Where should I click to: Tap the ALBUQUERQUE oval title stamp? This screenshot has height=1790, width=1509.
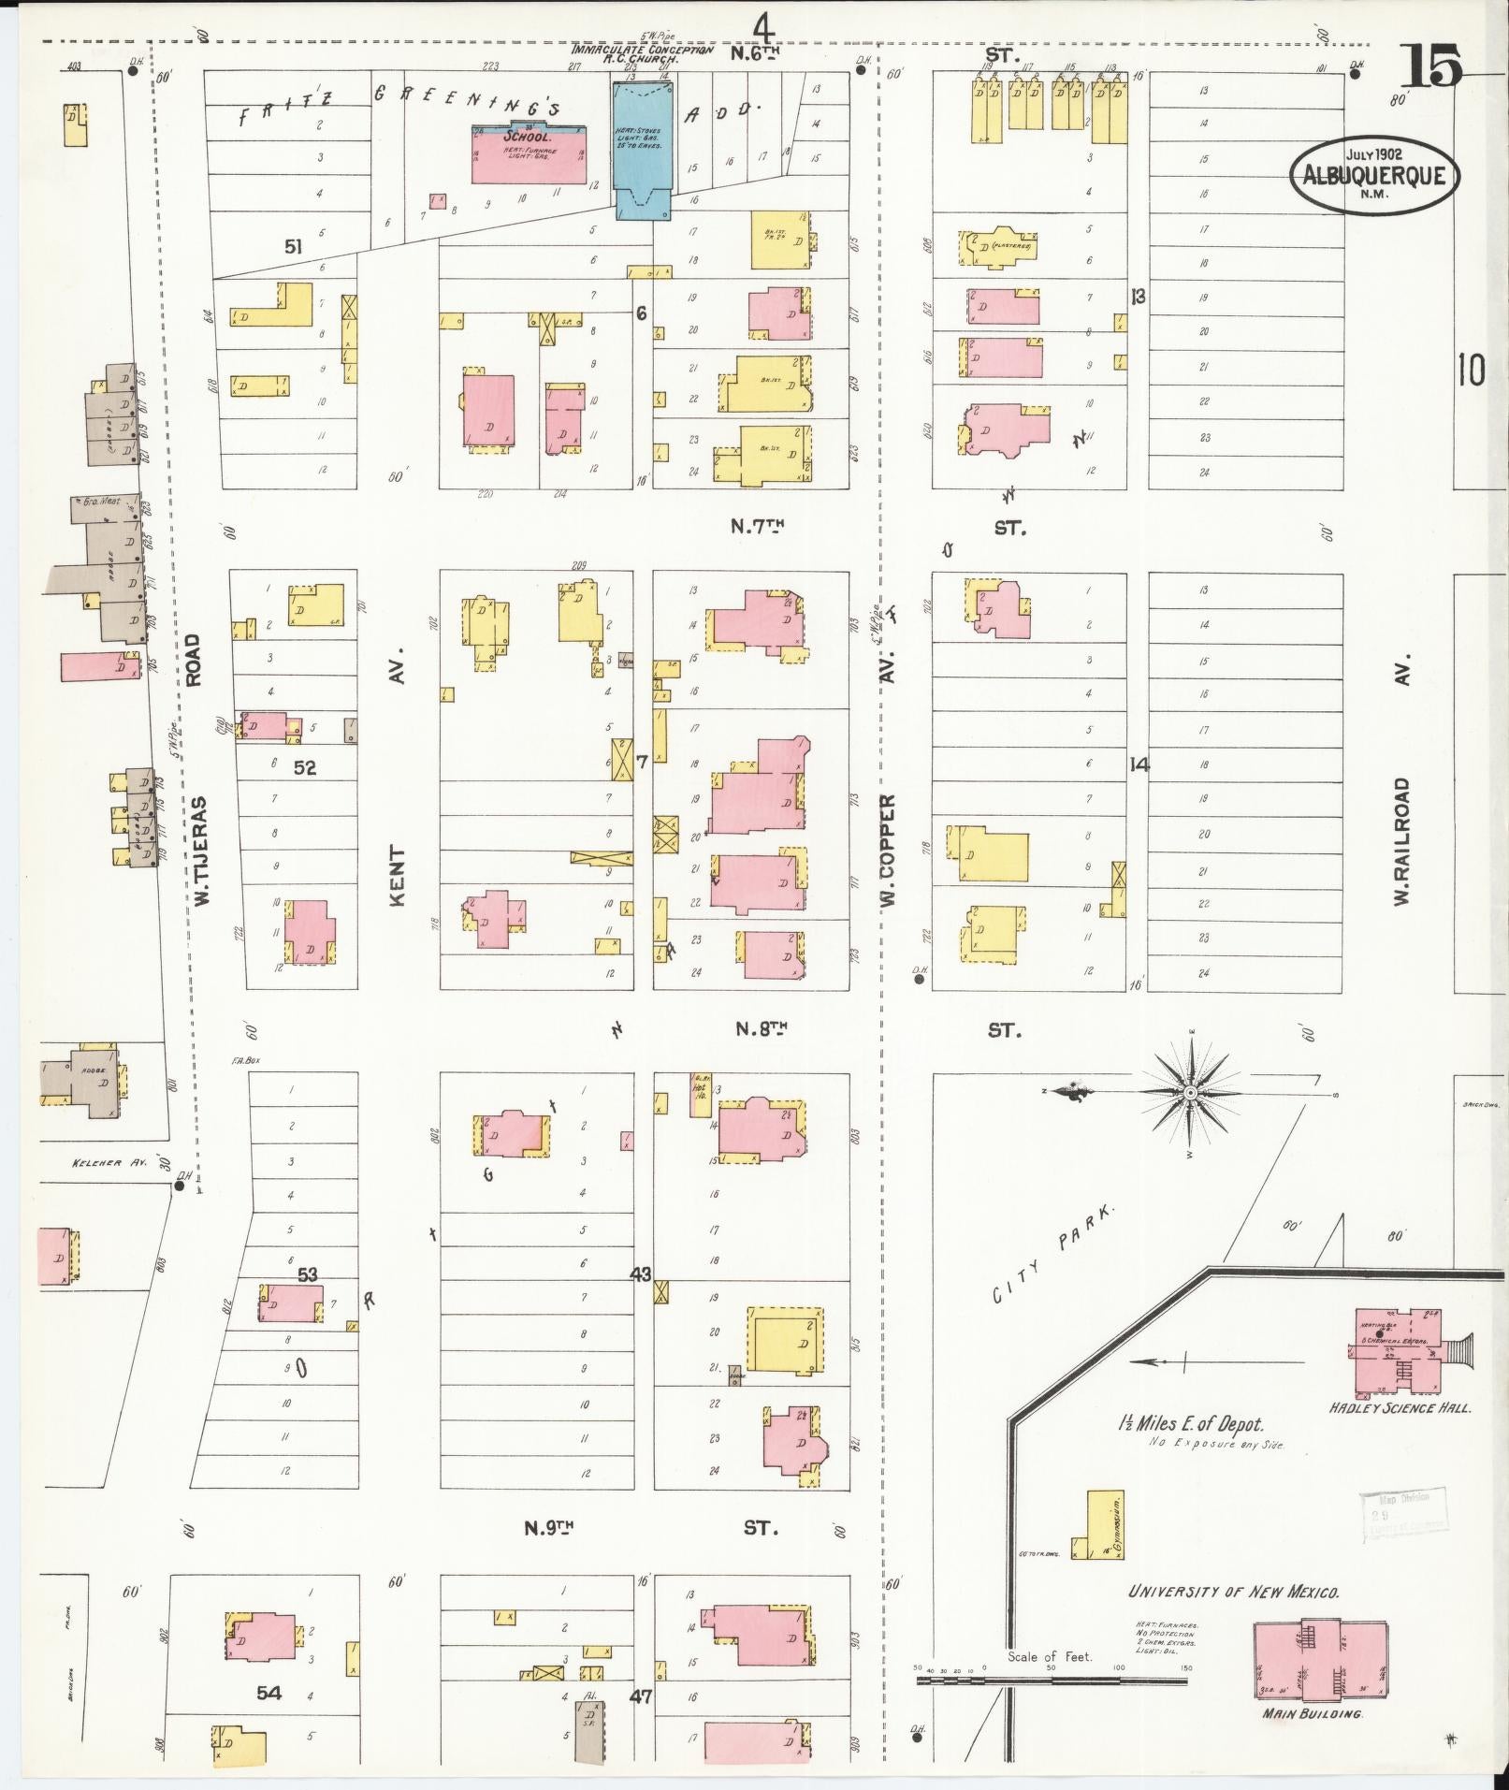coord(1372,176)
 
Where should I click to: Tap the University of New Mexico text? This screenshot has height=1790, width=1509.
coord(1233,1591)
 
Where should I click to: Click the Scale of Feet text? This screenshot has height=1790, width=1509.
coord(1050,1656)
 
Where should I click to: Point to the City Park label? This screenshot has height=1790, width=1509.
coord(1054,1254)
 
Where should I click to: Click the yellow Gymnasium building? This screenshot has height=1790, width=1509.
coord(1104,1525)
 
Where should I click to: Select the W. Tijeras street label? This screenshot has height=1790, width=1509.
coord(199,851)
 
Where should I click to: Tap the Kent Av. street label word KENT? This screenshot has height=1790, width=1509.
coord(398,877)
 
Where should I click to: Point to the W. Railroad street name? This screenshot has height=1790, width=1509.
coord(1400,839)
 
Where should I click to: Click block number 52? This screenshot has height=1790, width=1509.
coord(305,767)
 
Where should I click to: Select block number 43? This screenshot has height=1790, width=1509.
coord(641,1273)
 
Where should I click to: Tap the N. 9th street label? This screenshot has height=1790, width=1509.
coord(547,1528)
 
